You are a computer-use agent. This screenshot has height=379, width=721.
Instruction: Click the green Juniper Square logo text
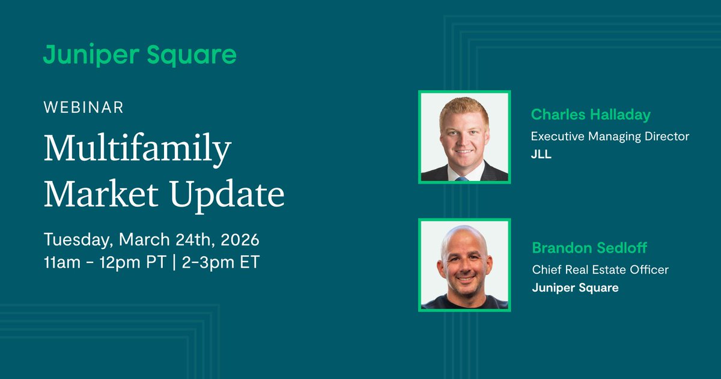(x=139, y=55)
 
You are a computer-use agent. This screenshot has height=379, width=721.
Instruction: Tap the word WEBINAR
(x=84, y=108)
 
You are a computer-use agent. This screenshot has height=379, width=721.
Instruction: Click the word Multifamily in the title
(x=137, y=150)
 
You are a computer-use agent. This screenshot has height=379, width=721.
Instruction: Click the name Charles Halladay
(x=591, y=114)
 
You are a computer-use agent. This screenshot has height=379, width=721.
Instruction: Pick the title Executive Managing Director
(x=610, y=137)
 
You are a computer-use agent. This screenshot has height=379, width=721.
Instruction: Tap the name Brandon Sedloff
(x=589, y=248)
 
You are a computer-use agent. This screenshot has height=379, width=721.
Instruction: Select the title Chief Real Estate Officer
(x=600, y=270)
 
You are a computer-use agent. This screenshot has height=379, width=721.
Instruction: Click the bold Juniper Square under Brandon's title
(x=575, y=288)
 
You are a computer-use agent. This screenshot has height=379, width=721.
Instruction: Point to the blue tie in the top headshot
(x=461, y=178)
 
